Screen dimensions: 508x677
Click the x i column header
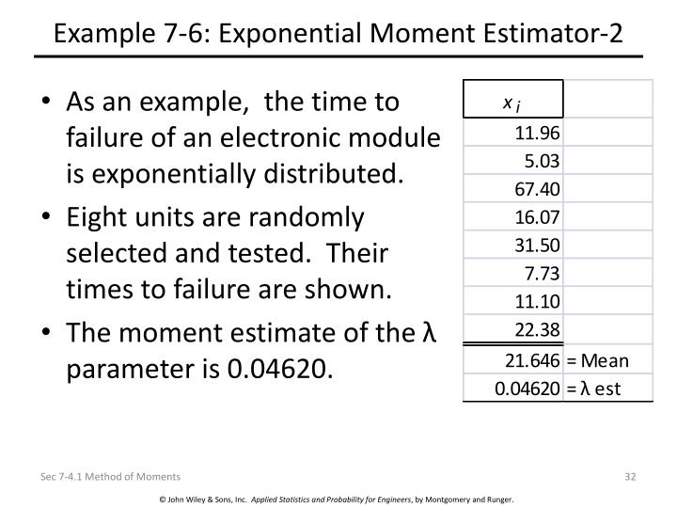(512, 101)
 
